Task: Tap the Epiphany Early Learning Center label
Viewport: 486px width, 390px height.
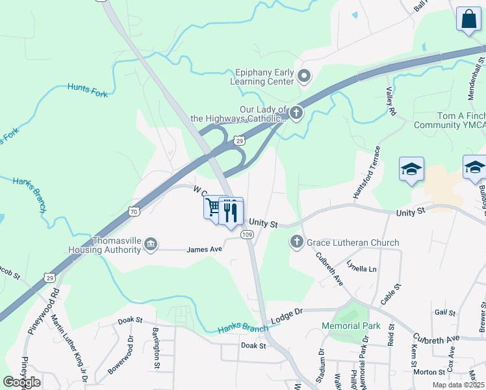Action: pyautogui.click(x=262, y=77)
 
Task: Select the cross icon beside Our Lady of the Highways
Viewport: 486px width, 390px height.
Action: pyautogui.click(x=296, y=114)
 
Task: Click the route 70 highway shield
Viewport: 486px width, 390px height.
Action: pyautogui.click(x=133, y=211)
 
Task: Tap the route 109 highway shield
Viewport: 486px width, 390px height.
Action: pyautogui.click(x=247, y=234)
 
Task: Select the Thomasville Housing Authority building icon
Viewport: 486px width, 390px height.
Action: pyautogui.click(x=151, y=244)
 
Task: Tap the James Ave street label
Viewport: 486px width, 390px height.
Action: pyautogui.click(x=205, y=249)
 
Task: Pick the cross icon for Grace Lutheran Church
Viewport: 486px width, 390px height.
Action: pyautogui.click(x=297, y=242)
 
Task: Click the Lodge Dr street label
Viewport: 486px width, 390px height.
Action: pyautogui.click(x=287, y=313)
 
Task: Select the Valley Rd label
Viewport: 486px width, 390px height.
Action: pyautogui.click(x=391, y=101)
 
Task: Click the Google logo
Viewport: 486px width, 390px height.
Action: pyautogui.click(x=21, y=382)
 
